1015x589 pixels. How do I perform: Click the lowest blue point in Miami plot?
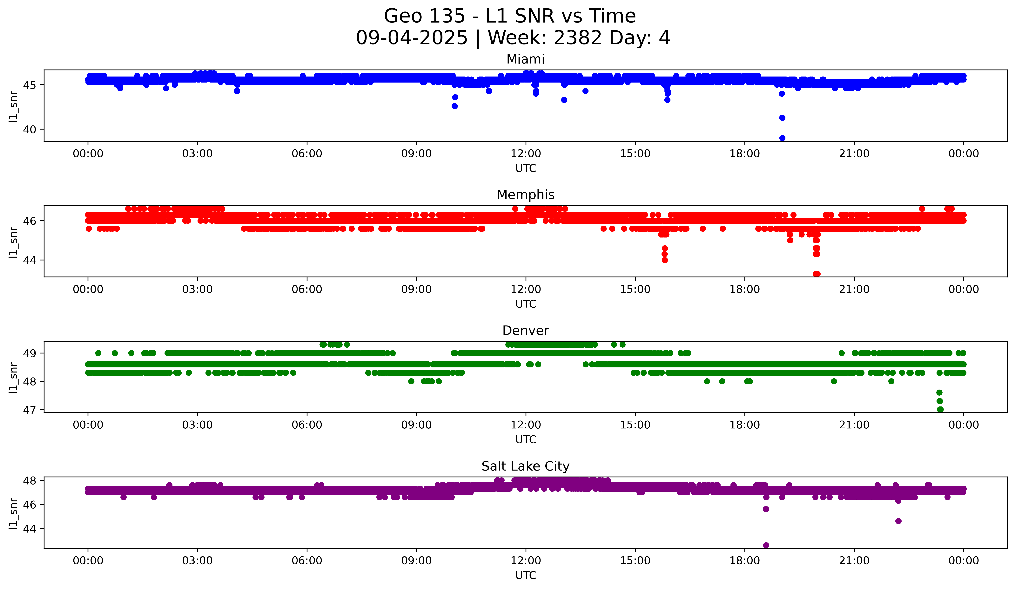[x=782, y=138]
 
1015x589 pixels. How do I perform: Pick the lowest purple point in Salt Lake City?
[x=766, y=545]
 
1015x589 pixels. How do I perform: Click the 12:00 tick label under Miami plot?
[x=526, y=154]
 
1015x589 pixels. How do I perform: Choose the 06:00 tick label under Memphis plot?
[x=307, y=290]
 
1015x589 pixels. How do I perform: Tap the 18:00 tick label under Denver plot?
[x=745, y=425]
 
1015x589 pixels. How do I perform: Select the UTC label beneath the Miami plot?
[x=526, y=168]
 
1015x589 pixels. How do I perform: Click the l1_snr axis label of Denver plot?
[x=13, y=377]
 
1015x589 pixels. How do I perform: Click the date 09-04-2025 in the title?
[x=412, y=38]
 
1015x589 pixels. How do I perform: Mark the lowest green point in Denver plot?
[x=940, y=409]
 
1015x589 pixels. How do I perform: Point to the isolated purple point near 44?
[x=898, y=521]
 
